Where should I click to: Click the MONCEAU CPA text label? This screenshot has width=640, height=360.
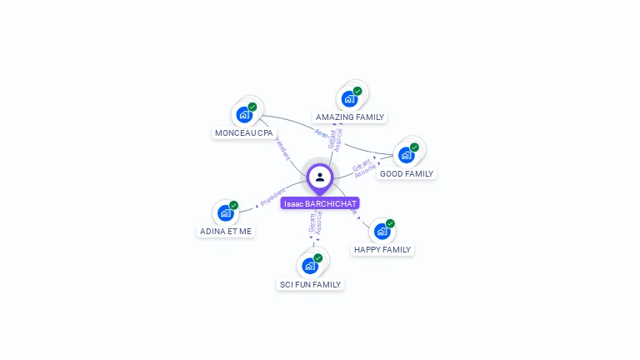tap(243, 132)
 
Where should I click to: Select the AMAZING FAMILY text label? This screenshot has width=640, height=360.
tap(350, 117)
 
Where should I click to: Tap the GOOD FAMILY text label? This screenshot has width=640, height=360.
tap(407, 173)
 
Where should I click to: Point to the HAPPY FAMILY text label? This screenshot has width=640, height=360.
tap(382, 249)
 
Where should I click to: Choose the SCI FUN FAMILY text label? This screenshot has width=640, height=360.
tap(310, 284)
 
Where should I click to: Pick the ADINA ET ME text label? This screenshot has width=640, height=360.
tap(226, 231)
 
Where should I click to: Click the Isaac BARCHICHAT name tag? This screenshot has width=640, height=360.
tap(320, 203)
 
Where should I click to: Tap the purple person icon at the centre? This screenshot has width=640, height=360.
tap(320, 177)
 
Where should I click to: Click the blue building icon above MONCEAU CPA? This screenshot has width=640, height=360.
tap(244, 114)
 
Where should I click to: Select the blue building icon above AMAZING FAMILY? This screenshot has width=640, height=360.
tap(349, 98)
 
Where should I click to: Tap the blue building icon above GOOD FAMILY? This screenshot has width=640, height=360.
tap(406, 155)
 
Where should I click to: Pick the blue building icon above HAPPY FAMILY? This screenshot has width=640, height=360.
tap(382, 231)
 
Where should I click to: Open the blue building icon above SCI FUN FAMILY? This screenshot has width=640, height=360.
tap(310, 266)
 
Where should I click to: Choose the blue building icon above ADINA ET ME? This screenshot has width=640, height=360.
tap(225, 212)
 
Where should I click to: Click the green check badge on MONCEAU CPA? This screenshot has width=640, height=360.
tap(252, 107)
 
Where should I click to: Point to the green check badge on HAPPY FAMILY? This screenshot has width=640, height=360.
tap(390, 223)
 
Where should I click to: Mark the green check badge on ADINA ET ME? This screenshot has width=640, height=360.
tap(234, 205)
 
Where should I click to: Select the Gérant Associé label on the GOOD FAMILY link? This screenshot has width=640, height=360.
tap(364, 168)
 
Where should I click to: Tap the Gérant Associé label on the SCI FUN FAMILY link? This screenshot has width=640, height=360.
tap(315, 223)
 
